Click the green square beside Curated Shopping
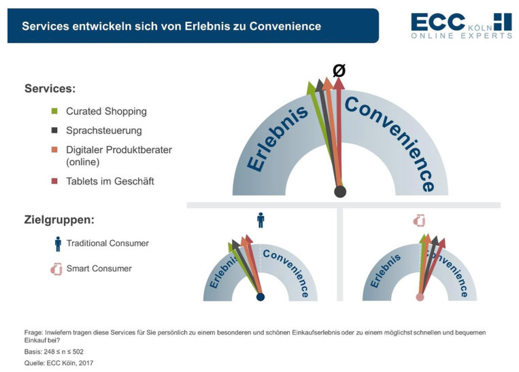[x=54, y=112]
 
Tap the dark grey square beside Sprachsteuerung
[x=54, y=131]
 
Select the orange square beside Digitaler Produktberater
[x=54, y=150]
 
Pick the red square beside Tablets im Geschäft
[x=54, y=181]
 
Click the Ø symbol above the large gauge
[x=339, y=71]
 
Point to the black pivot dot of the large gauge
[x=340, y=192]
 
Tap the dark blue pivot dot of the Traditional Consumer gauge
[x=261, y=297]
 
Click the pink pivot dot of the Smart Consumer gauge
[x=420, y=297]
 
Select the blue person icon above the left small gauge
[x=261, y=220]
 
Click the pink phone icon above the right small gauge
[x=420, y=220]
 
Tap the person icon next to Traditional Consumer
[x=58, y=244]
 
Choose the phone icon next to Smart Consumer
[x=56, y=269]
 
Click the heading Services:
[x=50, y=88]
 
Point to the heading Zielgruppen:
[x=59, y=220]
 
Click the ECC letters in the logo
[x=438, y=22]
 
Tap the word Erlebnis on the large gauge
[x=278, y=138]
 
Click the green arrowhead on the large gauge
[x=310, y=88]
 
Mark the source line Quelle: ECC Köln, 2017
[x=58, y=363]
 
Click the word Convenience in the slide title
[x=285, y=26]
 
